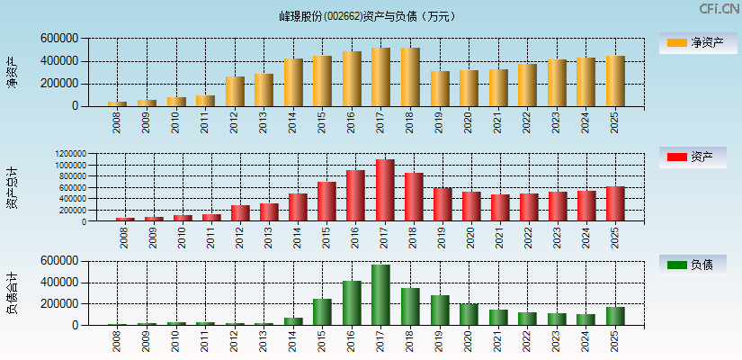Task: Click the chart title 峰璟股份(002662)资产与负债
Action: (368, 16)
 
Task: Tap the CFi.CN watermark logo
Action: (719, 9)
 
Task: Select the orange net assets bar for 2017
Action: (380, 77)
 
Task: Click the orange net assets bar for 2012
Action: (235, 92)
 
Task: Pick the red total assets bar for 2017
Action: (385, 191)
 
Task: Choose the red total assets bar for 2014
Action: (298, 208)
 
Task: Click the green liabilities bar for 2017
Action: (380, 295)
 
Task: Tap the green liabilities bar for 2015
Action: (322, 312)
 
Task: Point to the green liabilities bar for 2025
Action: (615, 317)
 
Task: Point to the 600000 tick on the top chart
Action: (58, 39)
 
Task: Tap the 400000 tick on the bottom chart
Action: (58, 283)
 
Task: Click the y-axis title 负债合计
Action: (12, 293)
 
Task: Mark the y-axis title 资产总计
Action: (12, 188)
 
